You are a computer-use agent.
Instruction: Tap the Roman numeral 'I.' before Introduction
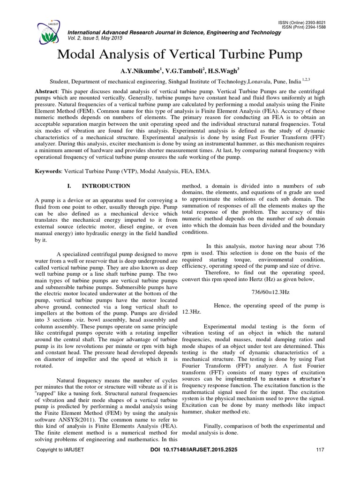tap(71, 186)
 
